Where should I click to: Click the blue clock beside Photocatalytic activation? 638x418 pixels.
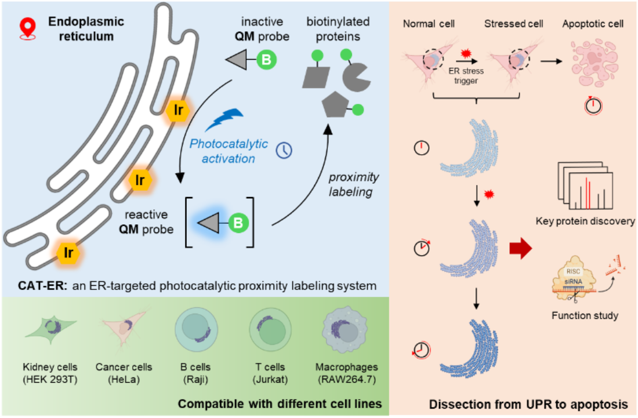click(x=284, y=150)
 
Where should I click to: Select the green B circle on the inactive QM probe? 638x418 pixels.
click(x=266, y=60)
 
